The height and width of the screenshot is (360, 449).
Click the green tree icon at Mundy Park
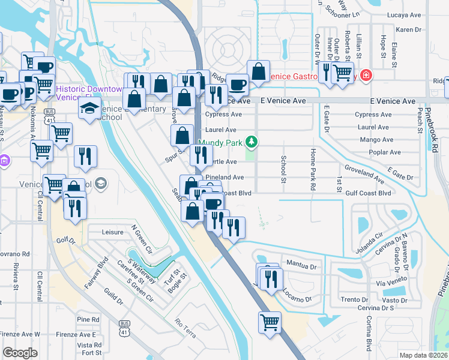point(253,142)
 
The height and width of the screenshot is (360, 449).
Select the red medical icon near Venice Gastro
point(365,76)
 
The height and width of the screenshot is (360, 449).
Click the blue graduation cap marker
point(89,109)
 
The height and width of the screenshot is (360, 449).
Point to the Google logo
point(20,353)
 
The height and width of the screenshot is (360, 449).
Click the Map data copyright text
point(423,355)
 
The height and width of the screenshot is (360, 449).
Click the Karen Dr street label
point(408,29)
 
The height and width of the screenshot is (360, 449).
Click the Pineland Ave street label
point(225,178)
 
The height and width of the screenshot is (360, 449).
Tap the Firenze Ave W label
point(20,334)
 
